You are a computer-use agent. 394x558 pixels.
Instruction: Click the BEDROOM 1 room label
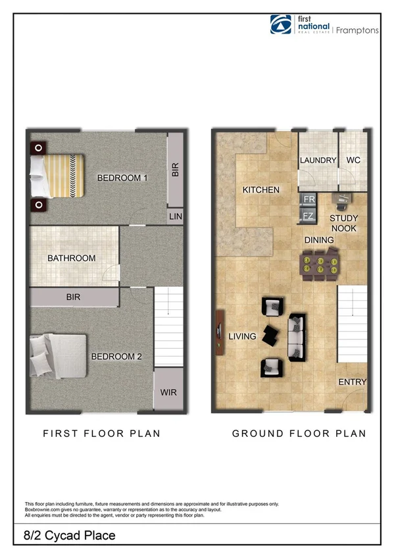coord(122,178)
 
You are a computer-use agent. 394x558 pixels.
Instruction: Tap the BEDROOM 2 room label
coord(116,357)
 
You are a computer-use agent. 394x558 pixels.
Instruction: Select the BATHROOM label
coord(71,259)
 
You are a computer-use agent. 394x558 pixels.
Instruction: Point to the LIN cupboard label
coord(175,216)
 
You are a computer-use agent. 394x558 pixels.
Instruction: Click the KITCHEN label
coord(260,190)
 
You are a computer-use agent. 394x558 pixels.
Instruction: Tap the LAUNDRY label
coord(318,161)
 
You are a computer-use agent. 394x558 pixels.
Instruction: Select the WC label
coord(353,161)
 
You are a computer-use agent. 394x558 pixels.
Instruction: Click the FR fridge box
coord(308,199)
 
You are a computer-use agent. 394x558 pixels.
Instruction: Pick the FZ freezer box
coord(308,215)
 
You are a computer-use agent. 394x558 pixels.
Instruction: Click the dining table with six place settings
coord(320,266)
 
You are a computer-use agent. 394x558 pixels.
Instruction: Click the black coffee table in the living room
coord(270,334)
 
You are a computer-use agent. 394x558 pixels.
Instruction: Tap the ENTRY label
coord(352,382)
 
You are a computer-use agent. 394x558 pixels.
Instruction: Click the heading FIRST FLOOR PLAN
coord(101,434)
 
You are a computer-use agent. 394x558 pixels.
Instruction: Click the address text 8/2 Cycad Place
coord(61,536)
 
